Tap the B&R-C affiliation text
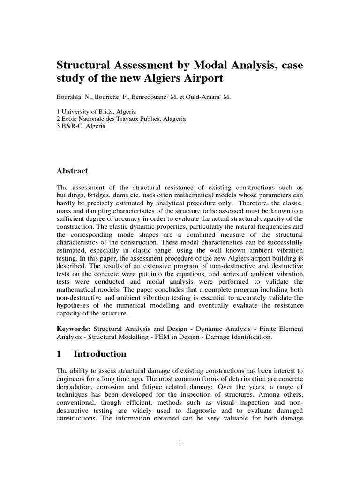[x=72, y=126]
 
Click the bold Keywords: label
[x=74, y=329]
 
